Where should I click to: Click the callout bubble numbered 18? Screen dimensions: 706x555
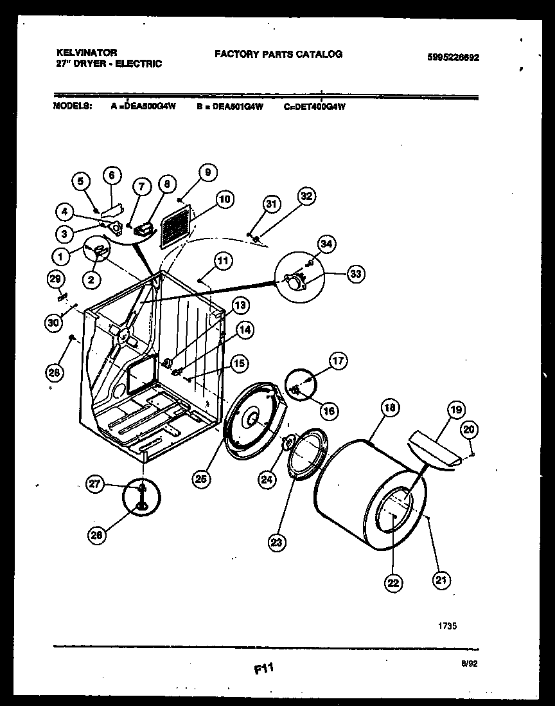click(x=389, y=407)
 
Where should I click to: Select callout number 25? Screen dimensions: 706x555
click(x=201, y=478)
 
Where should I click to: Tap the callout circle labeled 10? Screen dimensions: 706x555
click(x=224, y=199)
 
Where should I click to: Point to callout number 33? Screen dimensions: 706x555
click(x=355, y=273)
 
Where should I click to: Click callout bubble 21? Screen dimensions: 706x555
click(x=441, y=580)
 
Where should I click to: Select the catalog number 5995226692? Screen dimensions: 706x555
click(x=453, y=57)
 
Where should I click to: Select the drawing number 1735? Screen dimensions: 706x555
click(x=447, y=624)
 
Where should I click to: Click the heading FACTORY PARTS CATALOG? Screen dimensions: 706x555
click(x=277, y=54)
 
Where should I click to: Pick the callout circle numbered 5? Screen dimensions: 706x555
click(x=81, y=182)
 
